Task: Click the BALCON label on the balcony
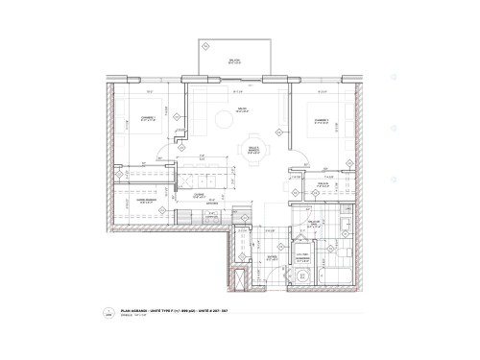(x=233, y=60)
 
